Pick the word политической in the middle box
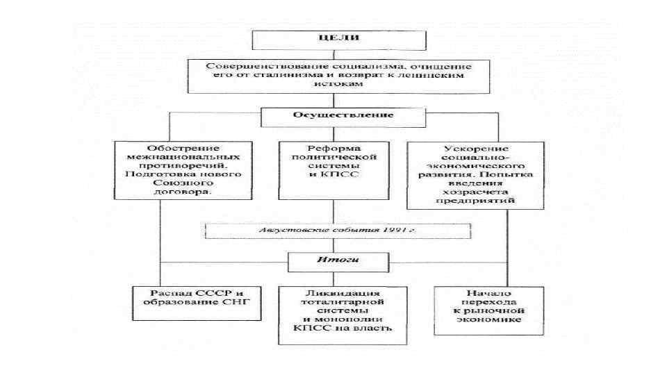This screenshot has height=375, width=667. click(333, 158)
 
